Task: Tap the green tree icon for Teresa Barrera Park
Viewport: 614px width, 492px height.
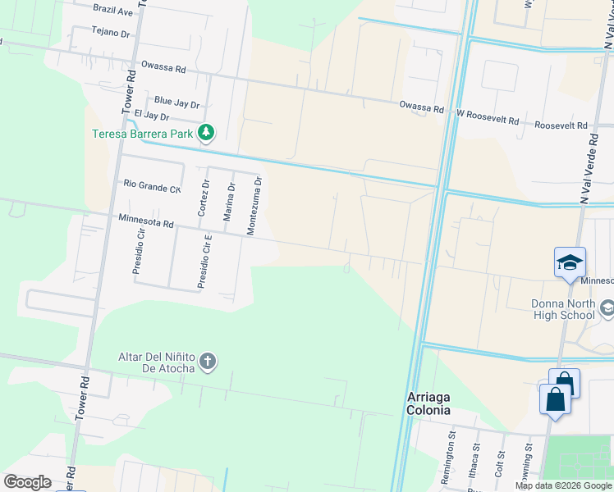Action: (x=206, y=131)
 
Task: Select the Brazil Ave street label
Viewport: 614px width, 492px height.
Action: (x=113, y=11)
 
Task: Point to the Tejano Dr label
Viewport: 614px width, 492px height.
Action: (x=111, y=34)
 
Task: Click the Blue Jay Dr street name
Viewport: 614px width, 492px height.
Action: (x=176, y=102)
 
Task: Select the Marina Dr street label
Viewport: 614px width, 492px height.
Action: (x=229, y=200)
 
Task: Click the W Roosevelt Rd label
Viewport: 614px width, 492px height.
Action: (x=488, y=121)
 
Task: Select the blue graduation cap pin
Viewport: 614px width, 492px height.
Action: (x=570, y=262)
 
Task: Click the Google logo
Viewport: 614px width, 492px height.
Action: (x=28, y=482)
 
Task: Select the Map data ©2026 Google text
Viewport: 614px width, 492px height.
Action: (x=563, y=485)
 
